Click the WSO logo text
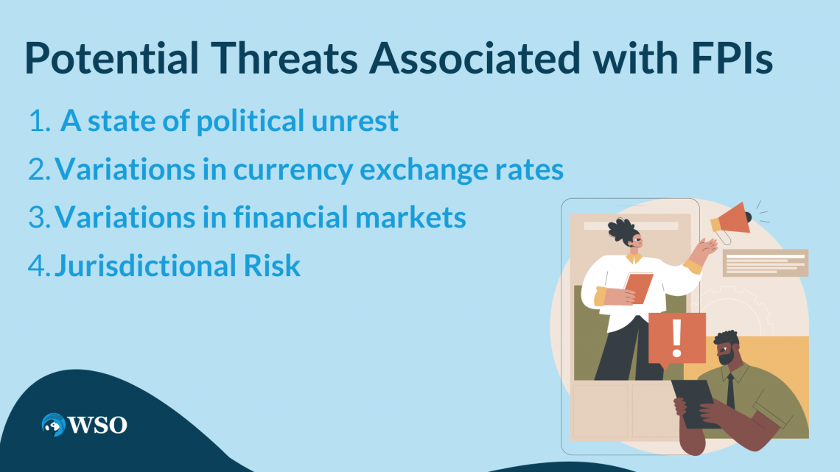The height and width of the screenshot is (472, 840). click(x=97, y=425)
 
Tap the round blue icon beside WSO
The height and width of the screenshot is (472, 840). click(x=54, y=425)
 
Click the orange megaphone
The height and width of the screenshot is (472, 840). click(x=729, y=220)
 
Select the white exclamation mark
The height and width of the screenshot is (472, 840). click(x=676, y=337)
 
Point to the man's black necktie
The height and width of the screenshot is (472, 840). click(x=730, y=390)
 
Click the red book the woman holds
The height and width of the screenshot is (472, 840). click(x=638, y=288)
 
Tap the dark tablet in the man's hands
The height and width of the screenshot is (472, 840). click(x=696, y=402)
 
